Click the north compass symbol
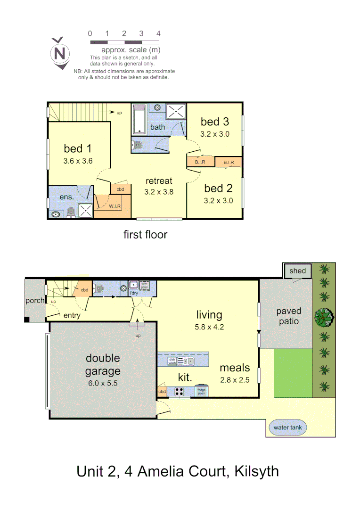coord(60,53)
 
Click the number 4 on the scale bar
coord(158,33)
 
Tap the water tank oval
coord(287,428)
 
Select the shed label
coord(297,271)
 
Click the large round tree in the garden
coord(324,317)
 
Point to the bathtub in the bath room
coord(140,120)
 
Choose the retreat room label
coord(159,181)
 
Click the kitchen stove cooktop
coord(179,391)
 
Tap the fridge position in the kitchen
coord(201,391)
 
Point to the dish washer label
coord(172,361)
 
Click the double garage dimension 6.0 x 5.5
coord(102,383)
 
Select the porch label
coord(35,300)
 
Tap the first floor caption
coord(145,234)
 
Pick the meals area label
coord(234,368)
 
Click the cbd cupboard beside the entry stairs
coord(85,290)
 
